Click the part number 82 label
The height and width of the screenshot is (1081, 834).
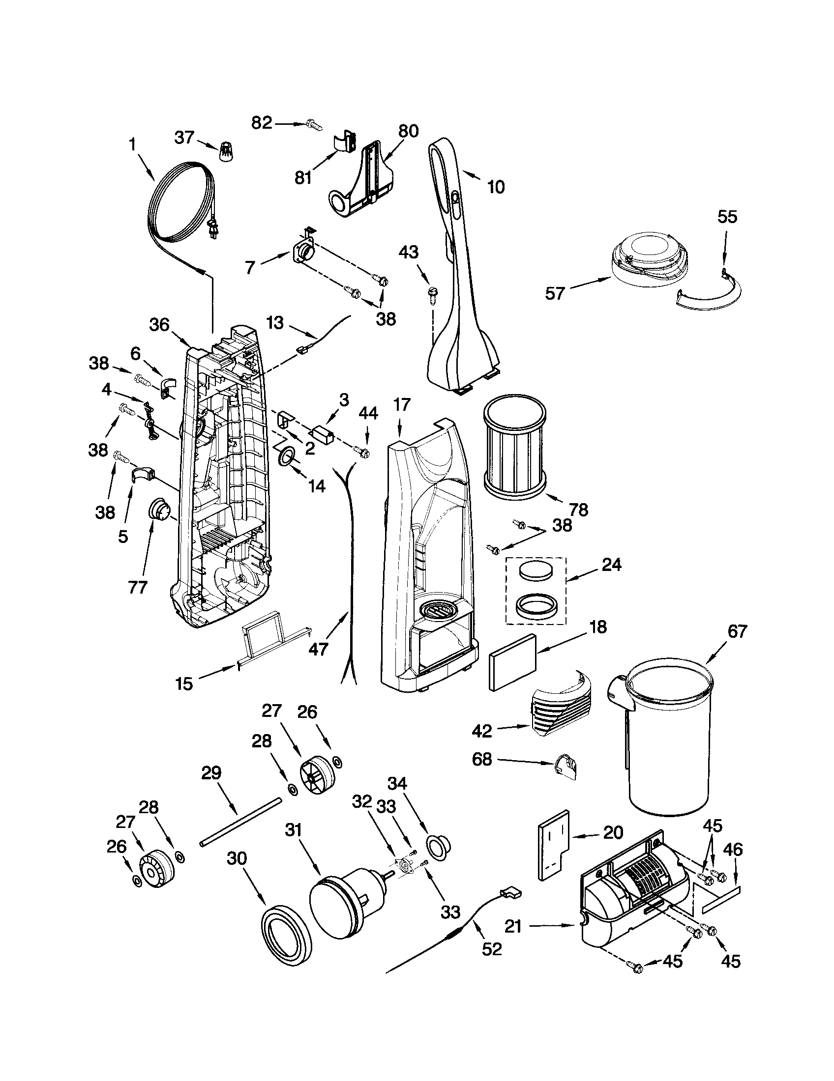point(262,122)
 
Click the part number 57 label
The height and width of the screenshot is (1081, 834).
point(555,293)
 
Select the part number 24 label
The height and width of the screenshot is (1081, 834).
point(611,564)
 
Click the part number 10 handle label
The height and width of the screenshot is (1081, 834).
point(496,187)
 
